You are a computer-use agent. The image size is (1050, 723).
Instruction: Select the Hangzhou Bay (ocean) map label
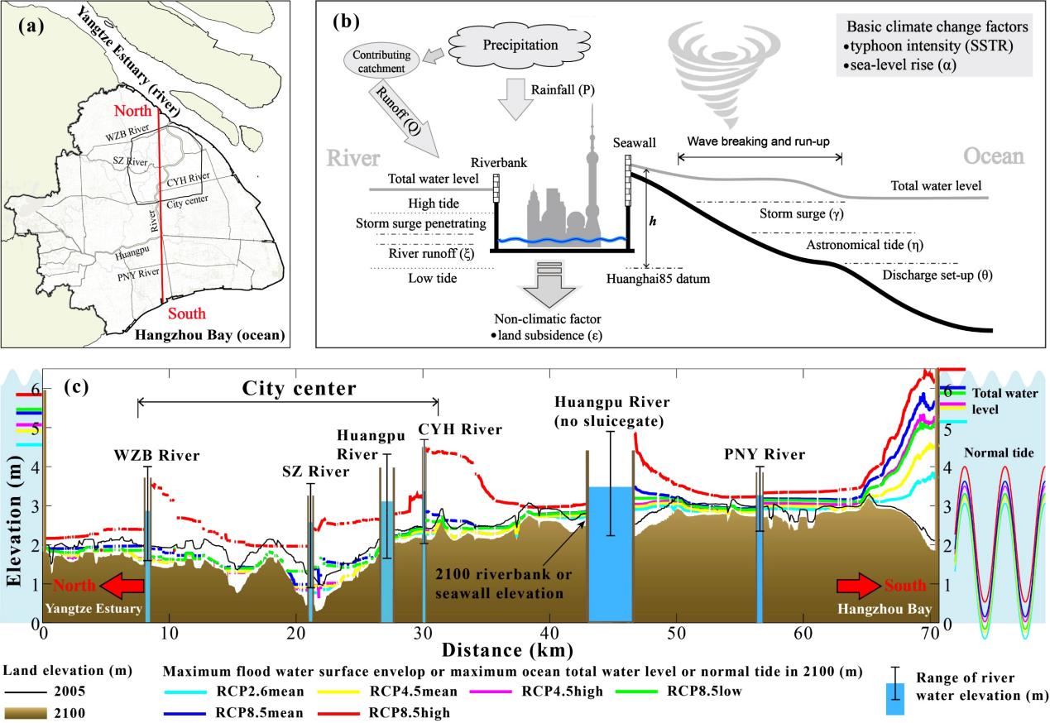point(224,335)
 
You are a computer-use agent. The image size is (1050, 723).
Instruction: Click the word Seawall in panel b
point(634,143)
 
